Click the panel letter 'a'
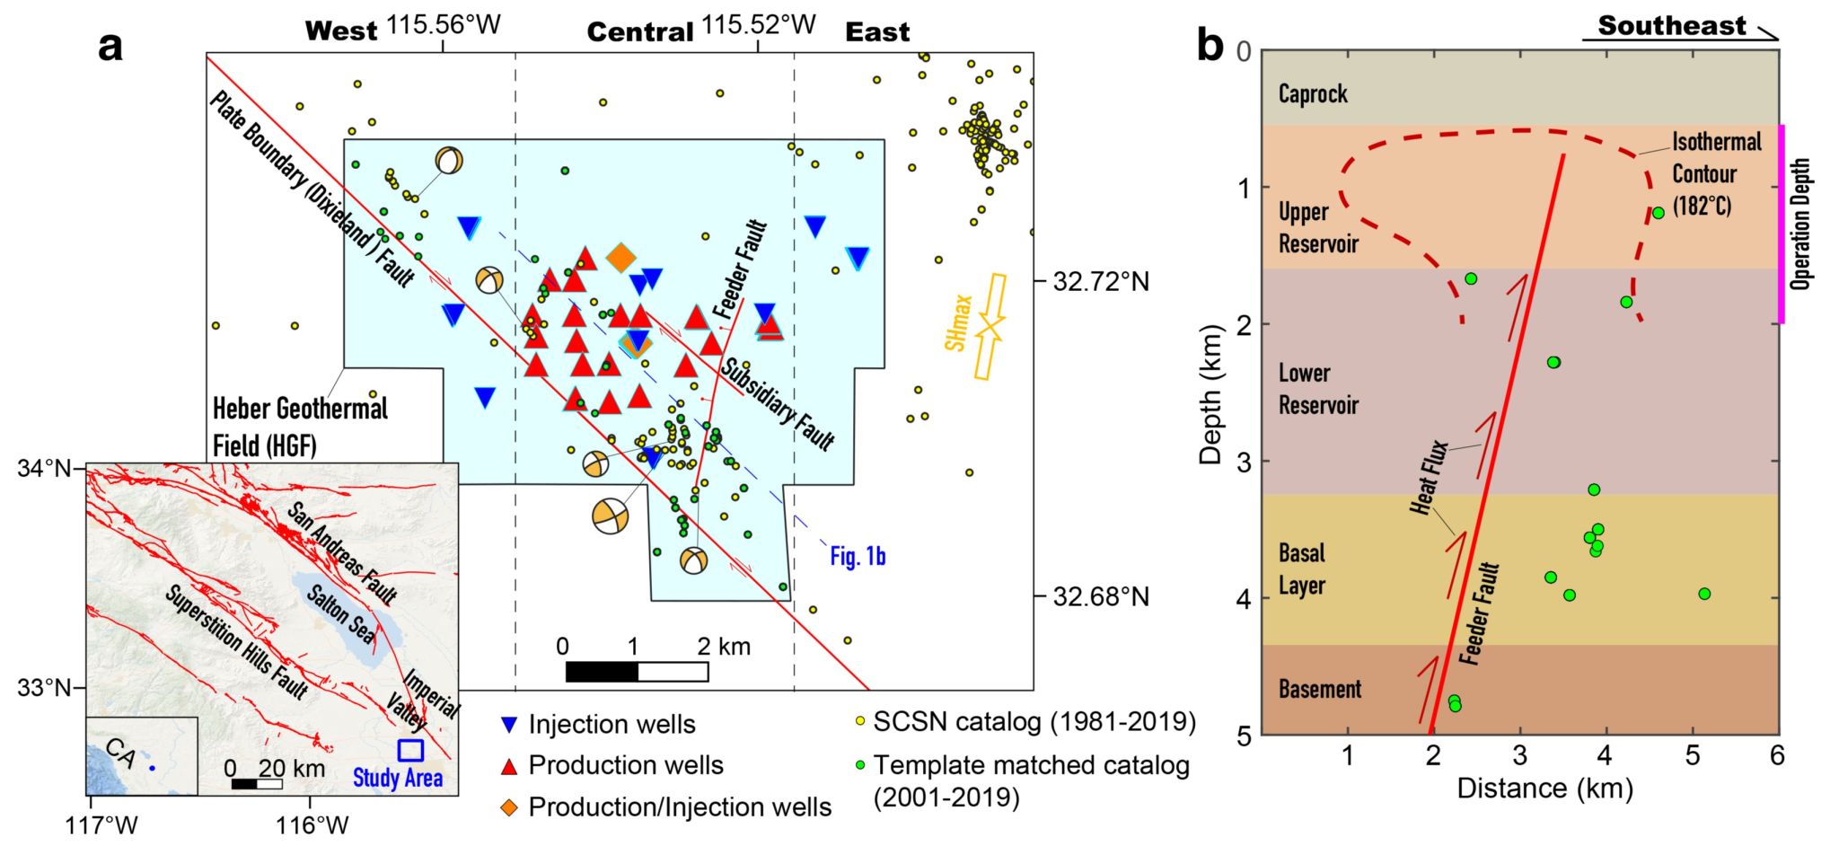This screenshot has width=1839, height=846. click(110, 45)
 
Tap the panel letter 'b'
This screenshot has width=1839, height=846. click(1210, 44)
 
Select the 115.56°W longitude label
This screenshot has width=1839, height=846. click(444, 25)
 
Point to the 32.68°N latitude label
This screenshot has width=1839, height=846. click(1100, 597)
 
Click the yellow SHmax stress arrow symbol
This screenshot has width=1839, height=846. click(990, 327)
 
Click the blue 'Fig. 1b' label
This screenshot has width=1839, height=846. click(857, 557)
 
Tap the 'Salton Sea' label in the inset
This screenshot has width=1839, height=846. click(341, 613)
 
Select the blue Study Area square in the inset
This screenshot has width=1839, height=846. click(410, 750)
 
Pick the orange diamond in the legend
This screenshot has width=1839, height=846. click(509, 807)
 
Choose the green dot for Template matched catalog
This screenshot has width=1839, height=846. click(859, 765)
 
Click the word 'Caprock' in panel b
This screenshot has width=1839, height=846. click(1313, 93)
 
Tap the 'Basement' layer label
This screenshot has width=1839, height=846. click(1319, 689)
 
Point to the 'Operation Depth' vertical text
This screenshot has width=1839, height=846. click(1799, 224)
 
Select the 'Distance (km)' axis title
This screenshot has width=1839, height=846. click(1544, 789)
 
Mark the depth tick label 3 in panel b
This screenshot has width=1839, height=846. click(1244, 462)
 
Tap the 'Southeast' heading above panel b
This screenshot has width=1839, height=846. click(1671, 25)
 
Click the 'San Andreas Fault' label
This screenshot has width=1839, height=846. click(342, 552)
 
